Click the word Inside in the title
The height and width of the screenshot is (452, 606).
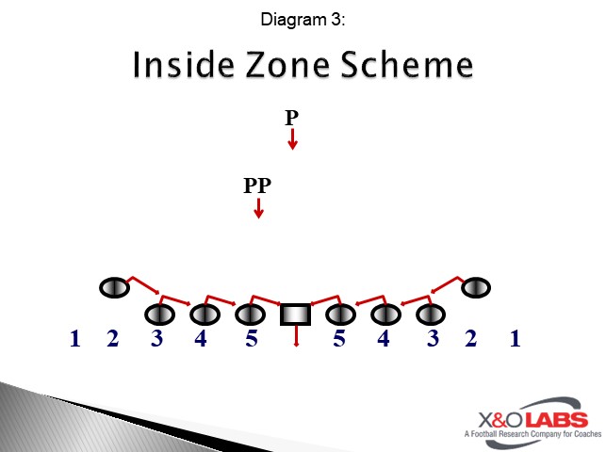[x=179, y=66]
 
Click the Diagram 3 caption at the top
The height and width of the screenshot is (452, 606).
[x=302, y=19]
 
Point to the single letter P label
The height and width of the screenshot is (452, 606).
[x=292, y=118]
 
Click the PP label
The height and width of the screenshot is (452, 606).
[x=257, y=186]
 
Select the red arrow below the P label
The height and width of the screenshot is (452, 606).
[x=293, y=139]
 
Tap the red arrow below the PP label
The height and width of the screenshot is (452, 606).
[x=258, y=208]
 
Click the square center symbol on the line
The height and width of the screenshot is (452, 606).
[x=296, y=314]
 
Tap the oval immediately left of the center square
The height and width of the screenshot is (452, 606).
[x=250, y=314]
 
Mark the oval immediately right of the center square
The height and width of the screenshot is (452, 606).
[x=340, y=314]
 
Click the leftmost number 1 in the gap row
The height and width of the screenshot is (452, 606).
[x=74, y=339]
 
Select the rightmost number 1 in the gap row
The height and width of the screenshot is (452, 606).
[x=515, y=339]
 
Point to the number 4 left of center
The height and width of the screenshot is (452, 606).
[x=201, y=339]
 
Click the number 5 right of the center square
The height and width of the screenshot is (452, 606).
[x=339, y=339]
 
